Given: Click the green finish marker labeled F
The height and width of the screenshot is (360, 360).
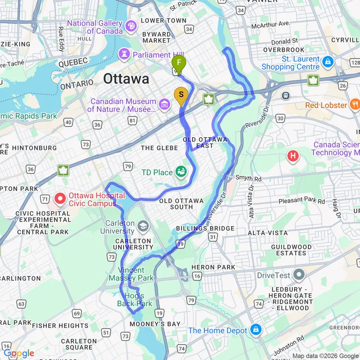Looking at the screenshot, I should (x=179, y=63).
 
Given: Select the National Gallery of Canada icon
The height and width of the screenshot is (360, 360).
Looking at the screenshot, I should (x=131, y=25).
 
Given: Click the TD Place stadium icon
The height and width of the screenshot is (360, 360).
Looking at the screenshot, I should (x=181, y=171).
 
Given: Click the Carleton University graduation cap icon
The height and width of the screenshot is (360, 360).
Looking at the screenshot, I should (x=143, y=226).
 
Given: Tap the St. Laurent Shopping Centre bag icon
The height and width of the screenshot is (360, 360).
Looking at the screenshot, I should (x=328, y=61).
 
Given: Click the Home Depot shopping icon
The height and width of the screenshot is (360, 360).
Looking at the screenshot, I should (x=256, y=330).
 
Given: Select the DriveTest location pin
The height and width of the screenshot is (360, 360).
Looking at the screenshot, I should (x=299, y=275).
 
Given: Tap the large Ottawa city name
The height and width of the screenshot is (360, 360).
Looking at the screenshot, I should (x=126, y=79).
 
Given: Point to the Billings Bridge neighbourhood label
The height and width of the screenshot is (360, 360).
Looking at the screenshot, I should (x=205, y=228).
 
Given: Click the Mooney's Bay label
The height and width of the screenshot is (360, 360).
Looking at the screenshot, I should (x=160, y=324).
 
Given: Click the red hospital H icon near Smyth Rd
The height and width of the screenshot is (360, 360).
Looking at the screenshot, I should (x=292, y=156).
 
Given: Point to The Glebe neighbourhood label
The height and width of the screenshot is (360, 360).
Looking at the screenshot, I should (x=159, y=148).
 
